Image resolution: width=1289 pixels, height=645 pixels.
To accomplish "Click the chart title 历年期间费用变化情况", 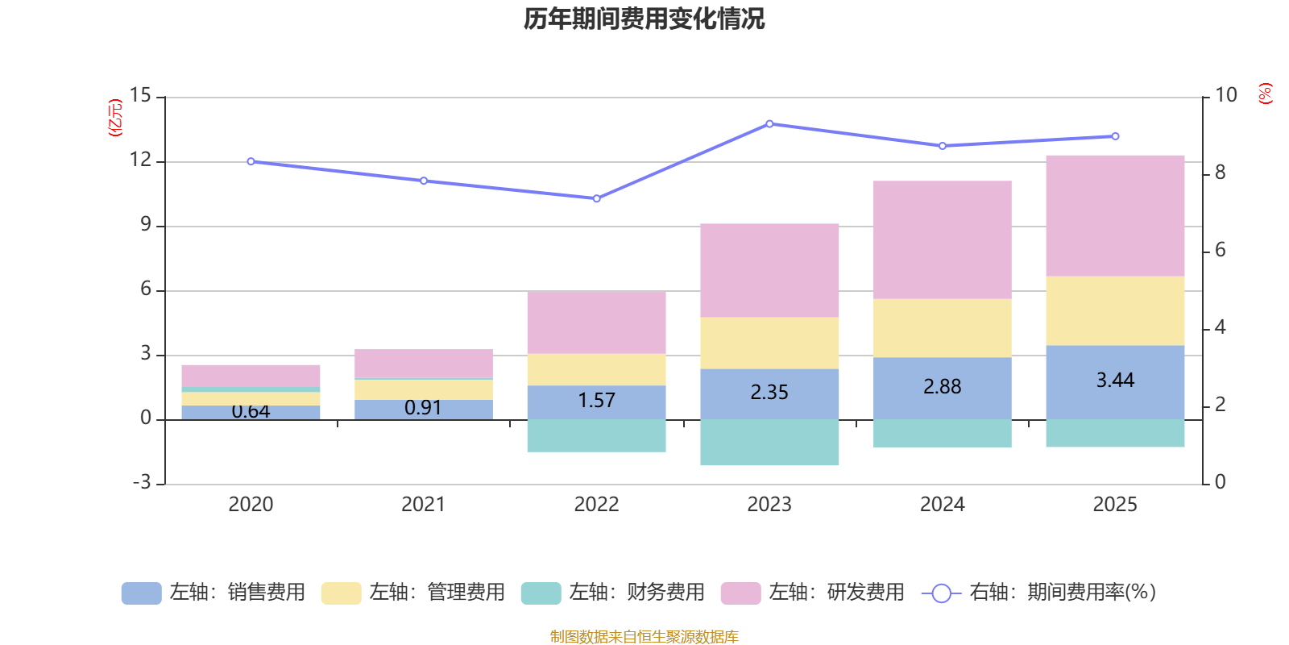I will pos(644,19).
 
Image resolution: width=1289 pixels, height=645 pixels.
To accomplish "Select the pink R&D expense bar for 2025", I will pos(1115,215).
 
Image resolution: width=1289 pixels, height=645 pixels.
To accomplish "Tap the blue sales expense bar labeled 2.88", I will pos(942,387).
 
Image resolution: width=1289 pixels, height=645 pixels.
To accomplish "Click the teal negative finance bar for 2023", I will pos(769,442).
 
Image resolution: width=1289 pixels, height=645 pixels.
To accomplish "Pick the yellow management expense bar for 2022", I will pos(596,369).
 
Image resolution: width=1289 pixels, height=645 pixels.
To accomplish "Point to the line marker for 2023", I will pos(769,124).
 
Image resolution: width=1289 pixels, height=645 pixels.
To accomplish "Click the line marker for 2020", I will pos(251,162).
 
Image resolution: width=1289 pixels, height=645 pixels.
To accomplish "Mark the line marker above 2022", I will pos(596,198).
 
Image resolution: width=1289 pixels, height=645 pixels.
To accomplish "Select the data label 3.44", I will pos(1115,380).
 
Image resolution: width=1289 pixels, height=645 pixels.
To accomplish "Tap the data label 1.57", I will pos(596,400).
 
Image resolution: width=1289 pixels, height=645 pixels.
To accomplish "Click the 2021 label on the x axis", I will pos(423,504).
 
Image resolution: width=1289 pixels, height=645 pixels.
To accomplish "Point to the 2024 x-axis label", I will pos(942,504).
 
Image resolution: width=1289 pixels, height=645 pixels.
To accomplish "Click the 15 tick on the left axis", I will pos(140,95).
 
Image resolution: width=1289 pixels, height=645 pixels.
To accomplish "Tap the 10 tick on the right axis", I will pos(1225,95).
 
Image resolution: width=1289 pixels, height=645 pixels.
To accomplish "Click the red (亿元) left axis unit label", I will pos(115,118).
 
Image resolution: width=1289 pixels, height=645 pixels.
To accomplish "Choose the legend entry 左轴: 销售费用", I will pos(213,593).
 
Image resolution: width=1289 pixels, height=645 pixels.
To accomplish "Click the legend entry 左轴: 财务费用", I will pos(613,593).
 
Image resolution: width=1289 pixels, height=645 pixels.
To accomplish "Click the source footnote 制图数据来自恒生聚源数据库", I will pos(644,636).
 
